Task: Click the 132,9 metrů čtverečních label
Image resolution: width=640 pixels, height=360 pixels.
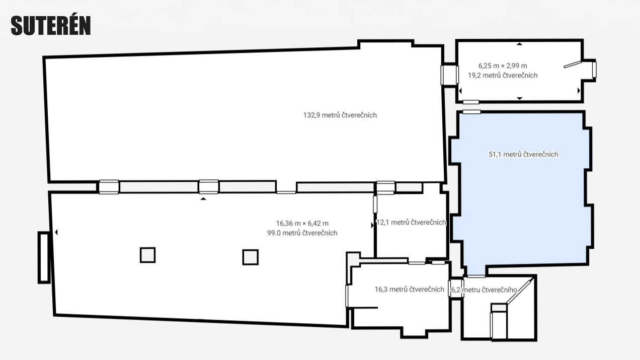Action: [340, 115]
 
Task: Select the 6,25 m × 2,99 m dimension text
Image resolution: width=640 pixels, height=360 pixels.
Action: [503, 66]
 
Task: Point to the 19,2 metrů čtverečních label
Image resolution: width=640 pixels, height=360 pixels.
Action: [503, 76]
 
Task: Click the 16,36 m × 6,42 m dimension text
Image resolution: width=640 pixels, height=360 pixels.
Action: [302, 224]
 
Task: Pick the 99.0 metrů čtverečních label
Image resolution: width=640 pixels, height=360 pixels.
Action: [302, 233]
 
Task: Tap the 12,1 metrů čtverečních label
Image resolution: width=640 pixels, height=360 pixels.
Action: [411, 223]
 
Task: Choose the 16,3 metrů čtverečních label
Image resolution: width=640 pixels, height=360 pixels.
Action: [410, 290]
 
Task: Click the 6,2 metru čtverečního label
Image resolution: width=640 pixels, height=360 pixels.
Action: [484, 290]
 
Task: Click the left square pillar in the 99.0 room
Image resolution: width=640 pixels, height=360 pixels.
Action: [148, 255]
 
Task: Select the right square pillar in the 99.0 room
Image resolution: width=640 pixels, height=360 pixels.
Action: [251, 257]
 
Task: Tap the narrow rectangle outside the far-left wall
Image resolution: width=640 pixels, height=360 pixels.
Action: [44, 258]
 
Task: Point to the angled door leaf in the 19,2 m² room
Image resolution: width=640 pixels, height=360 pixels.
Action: [572, 64]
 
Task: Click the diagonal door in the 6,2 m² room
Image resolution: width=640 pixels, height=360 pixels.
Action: [519, 292]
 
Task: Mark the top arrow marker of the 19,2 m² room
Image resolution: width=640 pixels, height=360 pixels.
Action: [519, 44]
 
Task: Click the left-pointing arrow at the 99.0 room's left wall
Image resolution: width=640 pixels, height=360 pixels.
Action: [56, 232]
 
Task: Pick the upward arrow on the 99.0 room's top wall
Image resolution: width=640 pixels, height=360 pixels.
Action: [203, 198]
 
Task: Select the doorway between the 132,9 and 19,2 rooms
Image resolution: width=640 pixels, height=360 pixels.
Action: [449, 75]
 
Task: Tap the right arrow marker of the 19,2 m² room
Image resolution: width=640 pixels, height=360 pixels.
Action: [579, 91]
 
